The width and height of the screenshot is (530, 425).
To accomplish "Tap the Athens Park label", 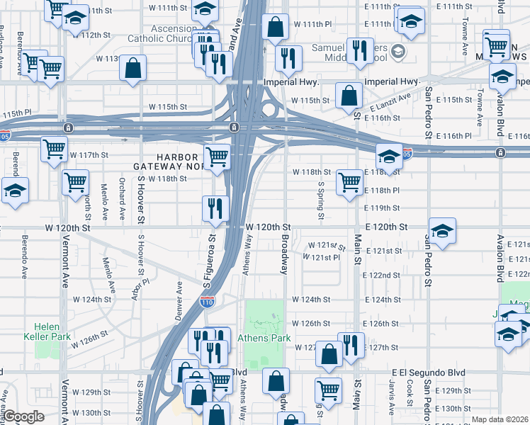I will pos(264,338).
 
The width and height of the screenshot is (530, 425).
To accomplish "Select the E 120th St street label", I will pos(387,227).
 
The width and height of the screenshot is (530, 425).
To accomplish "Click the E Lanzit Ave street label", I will pos(390,103).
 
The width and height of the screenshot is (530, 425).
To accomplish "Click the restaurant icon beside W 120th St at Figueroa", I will pos(216,208).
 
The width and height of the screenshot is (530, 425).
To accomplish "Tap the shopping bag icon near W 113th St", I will pos(133,69).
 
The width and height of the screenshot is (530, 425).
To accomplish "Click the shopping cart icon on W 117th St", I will pos(55,150).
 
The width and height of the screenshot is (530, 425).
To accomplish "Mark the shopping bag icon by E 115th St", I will pos(349,94).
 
